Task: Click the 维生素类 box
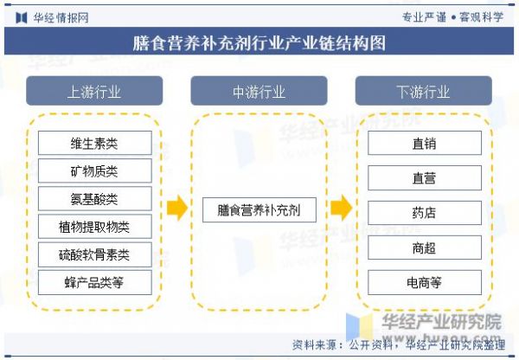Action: pos(94,143)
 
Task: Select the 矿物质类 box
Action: pos(94,170)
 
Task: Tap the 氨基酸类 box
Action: pos(94,198)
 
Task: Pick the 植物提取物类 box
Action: pos(94,227)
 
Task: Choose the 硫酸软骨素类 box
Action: pos(94,254)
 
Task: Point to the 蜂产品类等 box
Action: pos(94,282)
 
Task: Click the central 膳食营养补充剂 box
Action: pos(259,210)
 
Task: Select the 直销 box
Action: pos(425,143)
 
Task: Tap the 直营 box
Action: pos(425,178)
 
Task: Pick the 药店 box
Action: pos(425,213)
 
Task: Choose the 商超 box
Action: pos(425,247)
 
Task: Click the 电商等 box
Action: pos(425,282)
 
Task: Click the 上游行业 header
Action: pos(94,91)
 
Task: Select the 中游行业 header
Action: pos(259,91)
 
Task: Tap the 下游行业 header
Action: pos(424,91)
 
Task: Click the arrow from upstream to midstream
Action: pos(177,208)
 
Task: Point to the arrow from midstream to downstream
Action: pos(342,208)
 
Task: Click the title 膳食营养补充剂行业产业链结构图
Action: pos(259,42)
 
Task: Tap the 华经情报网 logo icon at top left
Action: pos(22,17)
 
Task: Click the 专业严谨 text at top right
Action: pos(425,17)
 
